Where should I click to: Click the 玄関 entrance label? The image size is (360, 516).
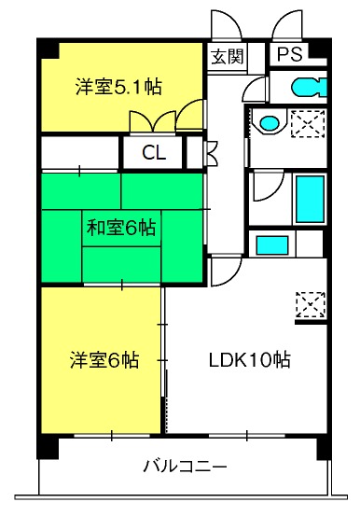click(227, 57)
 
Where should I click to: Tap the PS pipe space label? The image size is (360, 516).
click(289, 54)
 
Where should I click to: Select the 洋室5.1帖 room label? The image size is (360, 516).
click(118, 87)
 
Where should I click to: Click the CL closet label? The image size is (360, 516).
click(154, 153)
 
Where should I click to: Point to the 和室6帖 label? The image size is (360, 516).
click(121, 228)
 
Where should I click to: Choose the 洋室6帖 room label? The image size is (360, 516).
click(104, 359)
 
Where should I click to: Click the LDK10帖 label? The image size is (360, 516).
click(250, 359)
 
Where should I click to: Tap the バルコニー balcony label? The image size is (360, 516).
click(186, 467)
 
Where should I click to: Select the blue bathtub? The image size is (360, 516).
click(310, 199)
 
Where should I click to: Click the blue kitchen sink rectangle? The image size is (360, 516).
click(272, 245)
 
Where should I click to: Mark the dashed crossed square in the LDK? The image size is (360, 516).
click(311, 305)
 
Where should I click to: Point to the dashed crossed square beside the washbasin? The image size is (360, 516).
click(308, 124)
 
